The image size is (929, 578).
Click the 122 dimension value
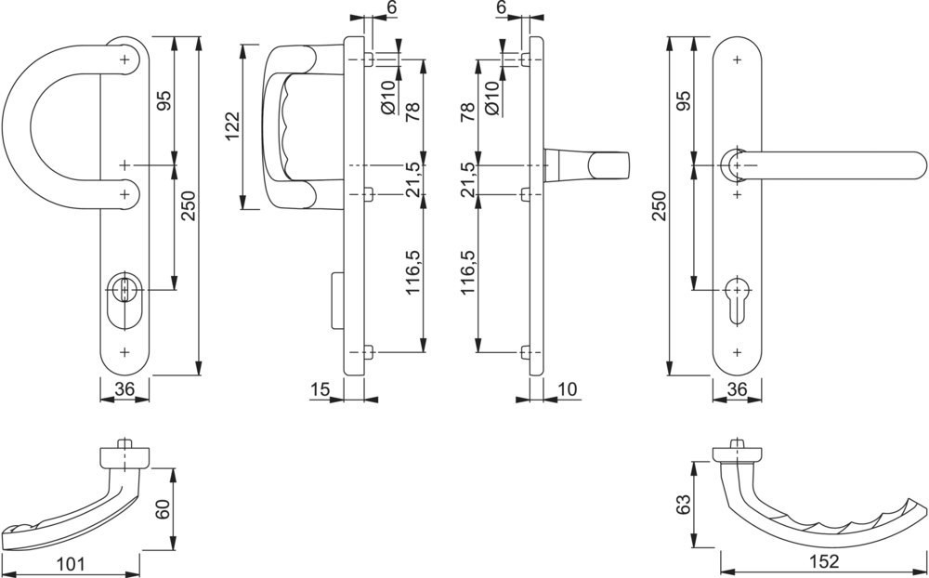pos(232,126)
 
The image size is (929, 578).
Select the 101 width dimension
pos(72,563)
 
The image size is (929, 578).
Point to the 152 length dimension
pos(823,561)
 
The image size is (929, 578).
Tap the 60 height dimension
pos(164,509)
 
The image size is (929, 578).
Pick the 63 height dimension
pos(683,506)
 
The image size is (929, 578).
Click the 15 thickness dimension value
pos(320,389)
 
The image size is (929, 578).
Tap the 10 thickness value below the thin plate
pos(567,389)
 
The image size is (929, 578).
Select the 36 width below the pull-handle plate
pos(124,388)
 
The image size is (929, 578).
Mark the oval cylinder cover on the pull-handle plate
pos(124,300)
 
